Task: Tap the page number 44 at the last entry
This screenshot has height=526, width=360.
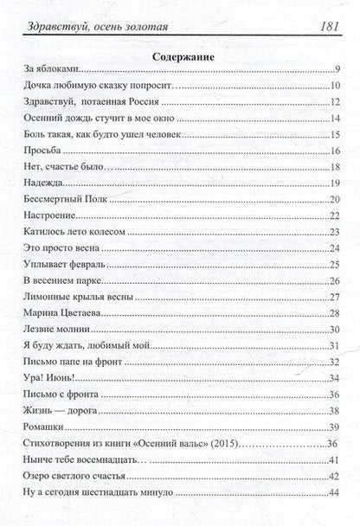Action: [336, 493]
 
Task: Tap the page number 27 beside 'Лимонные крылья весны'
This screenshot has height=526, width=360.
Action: [336, 297]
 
